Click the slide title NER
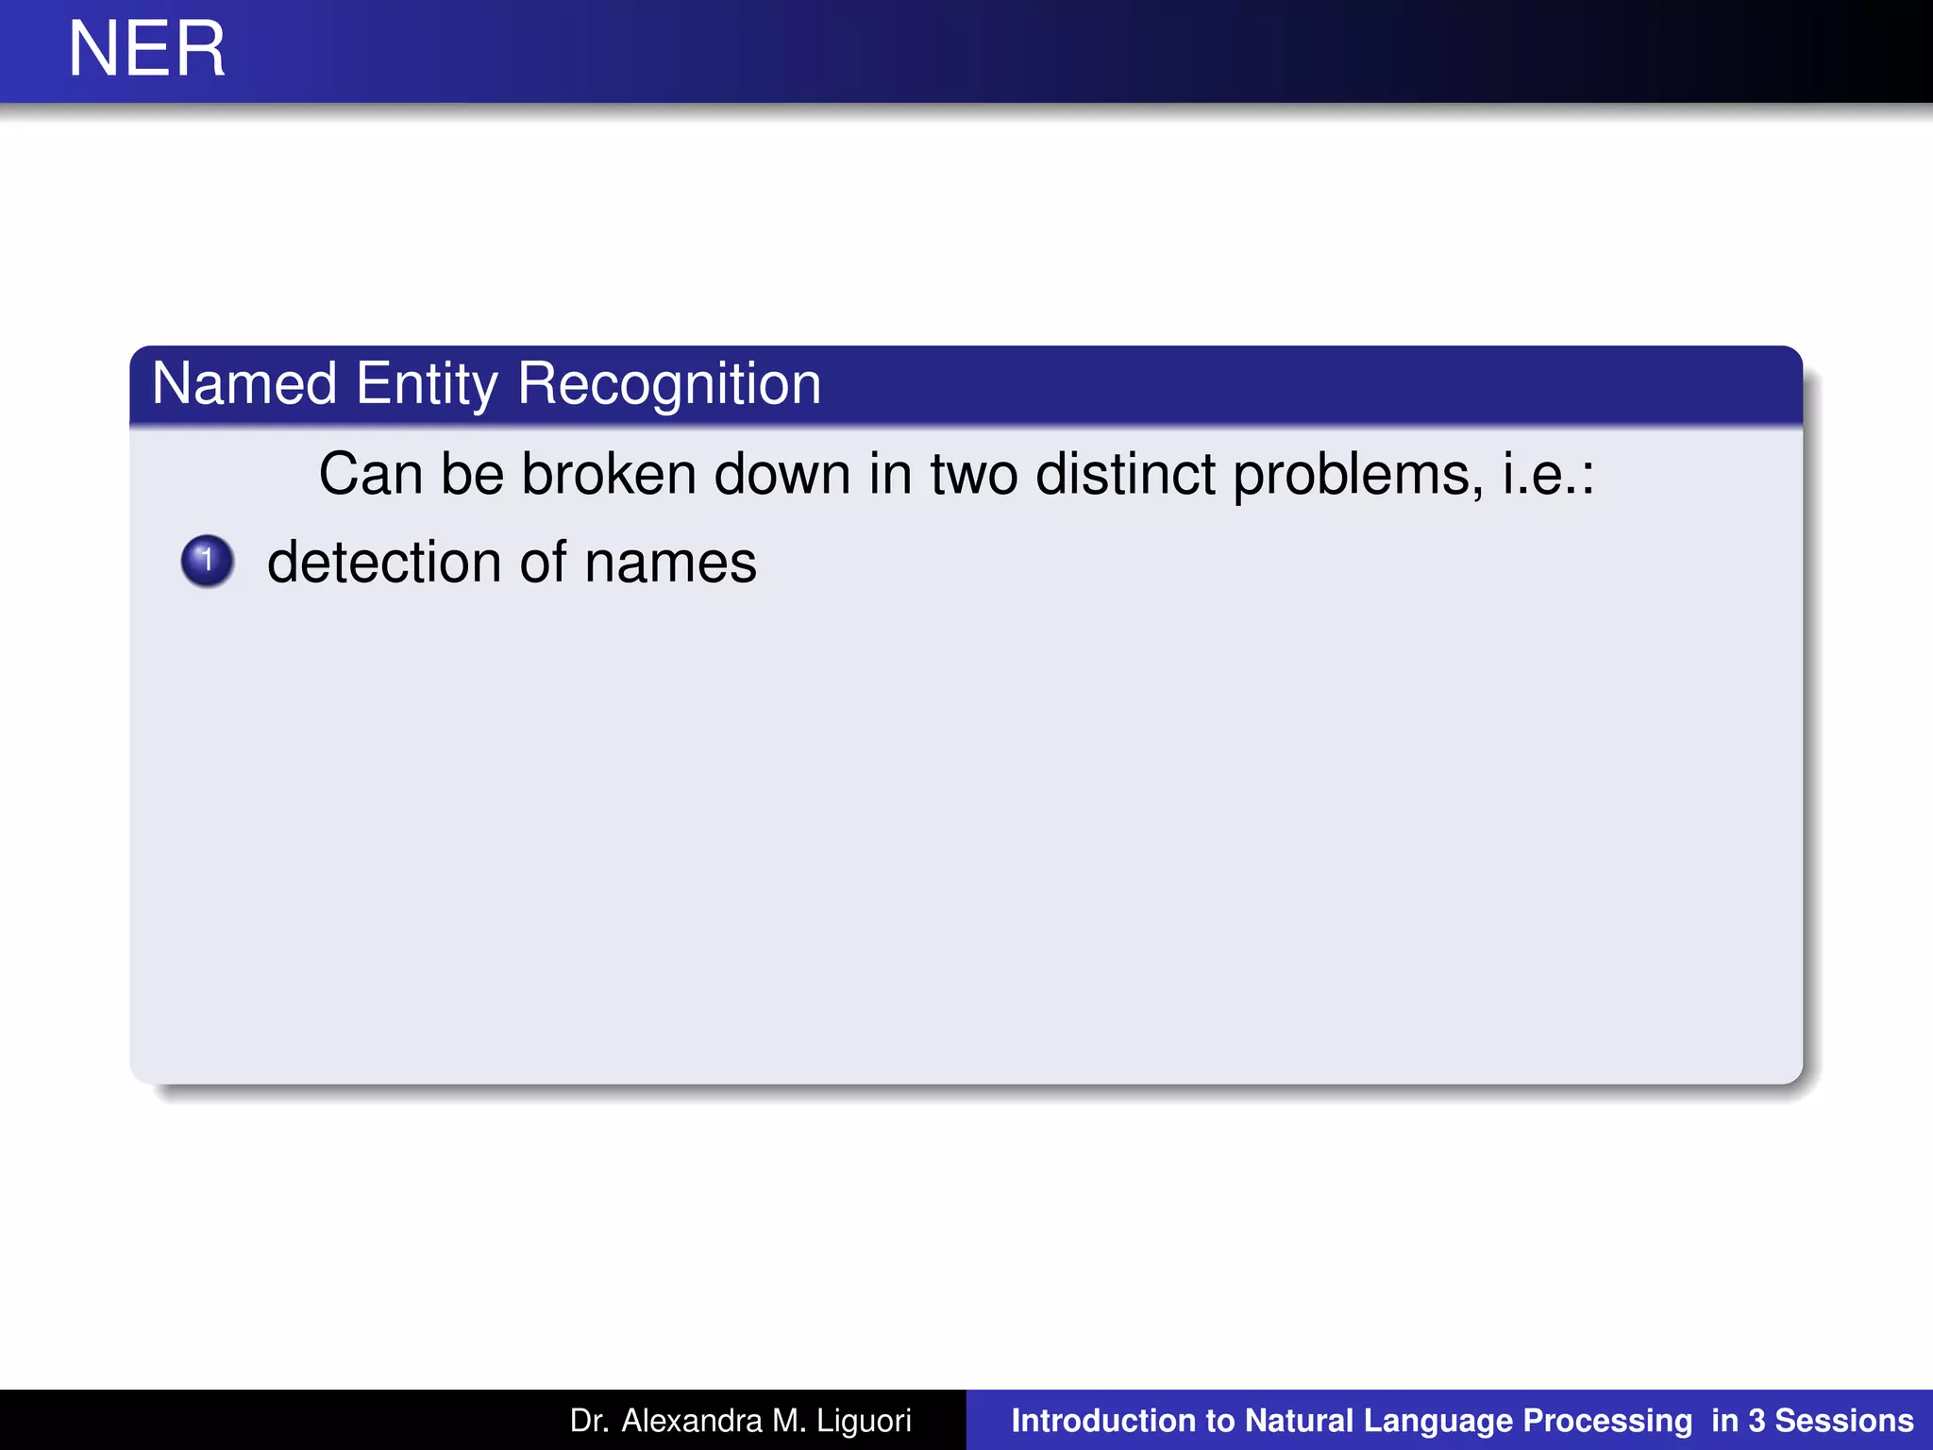[146, 49]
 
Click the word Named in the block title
[244, 384]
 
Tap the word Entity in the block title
[427, 384]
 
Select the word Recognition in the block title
[669, 384]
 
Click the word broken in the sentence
[609, 474]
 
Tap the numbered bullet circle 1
[207, 561]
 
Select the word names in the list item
[670, 563]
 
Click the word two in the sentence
[974, 474]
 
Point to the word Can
[370, 474]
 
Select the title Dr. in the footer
[590, 1421]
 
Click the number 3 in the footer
[1756, 1421]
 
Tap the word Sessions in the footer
[1844, 1421]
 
